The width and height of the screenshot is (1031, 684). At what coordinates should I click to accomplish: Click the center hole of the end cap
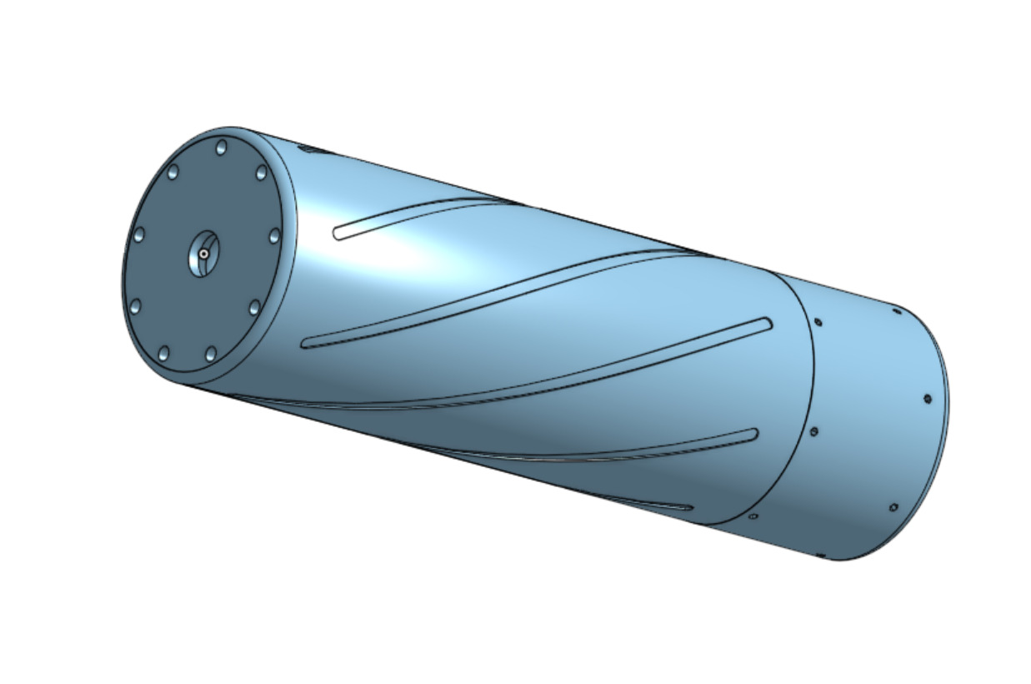203,252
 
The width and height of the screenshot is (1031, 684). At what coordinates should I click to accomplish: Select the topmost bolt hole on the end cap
221,148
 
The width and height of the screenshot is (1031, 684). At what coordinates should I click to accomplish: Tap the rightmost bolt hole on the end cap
274,236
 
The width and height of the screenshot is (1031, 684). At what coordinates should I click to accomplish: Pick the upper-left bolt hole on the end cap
173,173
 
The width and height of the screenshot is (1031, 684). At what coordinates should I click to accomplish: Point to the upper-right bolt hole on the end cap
261,173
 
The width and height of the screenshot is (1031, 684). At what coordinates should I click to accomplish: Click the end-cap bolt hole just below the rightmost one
254,308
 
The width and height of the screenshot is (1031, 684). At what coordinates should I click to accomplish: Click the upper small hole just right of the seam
818,322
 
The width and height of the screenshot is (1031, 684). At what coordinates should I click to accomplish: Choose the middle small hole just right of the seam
813,431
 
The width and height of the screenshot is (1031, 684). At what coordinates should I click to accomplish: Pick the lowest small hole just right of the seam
753,516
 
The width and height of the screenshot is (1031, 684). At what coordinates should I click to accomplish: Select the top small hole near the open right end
897,312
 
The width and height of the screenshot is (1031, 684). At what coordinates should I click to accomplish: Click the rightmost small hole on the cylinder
927,399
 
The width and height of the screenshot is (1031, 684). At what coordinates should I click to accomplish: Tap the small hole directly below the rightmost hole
893,507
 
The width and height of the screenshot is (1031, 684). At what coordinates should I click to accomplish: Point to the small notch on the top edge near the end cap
309,150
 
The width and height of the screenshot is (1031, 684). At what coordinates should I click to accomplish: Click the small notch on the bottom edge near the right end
820,555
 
